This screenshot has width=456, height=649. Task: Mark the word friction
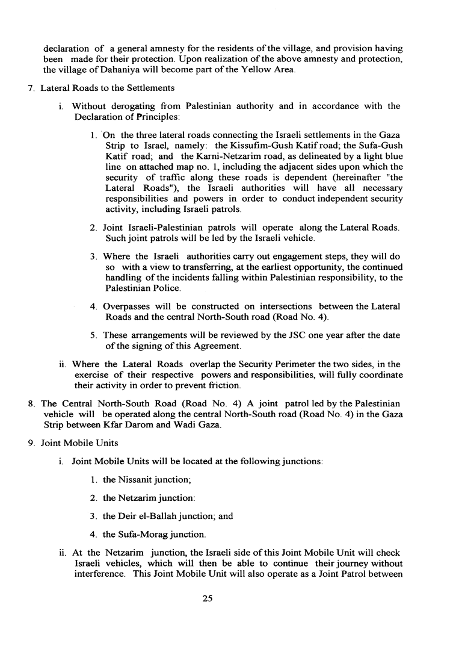click(222, 385)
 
